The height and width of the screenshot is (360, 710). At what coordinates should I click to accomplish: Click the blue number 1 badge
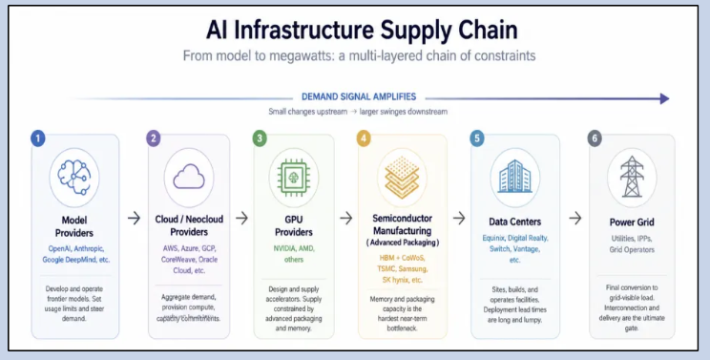click(x=38, y=138)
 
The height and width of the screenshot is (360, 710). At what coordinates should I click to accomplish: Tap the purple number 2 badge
click(x=153, y=138)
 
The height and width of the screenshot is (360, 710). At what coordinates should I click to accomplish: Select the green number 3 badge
click(x=260, y=138)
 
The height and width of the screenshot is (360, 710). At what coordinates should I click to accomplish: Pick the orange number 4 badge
click(x=364, y=138)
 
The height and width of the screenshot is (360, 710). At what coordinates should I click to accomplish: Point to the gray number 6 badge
click(x=595, y=138)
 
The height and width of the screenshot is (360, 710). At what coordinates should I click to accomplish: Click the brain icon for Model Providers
click(x=74, y=177)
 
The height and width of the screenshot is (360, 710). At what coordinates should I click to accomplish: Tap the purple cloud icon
click(x=189, y=177)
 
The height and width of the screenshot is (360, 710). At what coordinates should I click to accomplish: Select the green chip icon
click(x=293, y=177)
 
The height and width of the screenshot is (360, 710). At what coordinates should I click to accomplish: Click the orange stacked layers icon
click(x=402, y=178)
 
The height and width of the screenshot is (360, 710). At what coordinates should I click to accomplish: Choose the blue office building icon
click(x=514, y=177)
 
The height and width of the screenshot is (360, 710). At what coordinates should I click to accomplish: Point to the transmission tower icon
click(x=632, y=177)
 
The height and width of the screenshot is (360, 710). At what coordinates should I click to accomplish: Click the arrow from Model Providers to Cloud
click(x=134, y=219)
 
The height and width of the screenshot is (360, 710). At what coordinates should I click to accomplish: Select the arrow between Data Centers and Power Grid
click(x=575, y=219)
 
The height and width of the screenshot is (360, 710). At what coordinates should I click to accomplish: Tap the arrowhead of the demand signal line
click(x=665, y=98)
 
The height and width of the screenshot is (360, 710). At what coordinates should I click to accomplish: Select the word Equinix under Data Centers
click(x=493, y=238)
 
